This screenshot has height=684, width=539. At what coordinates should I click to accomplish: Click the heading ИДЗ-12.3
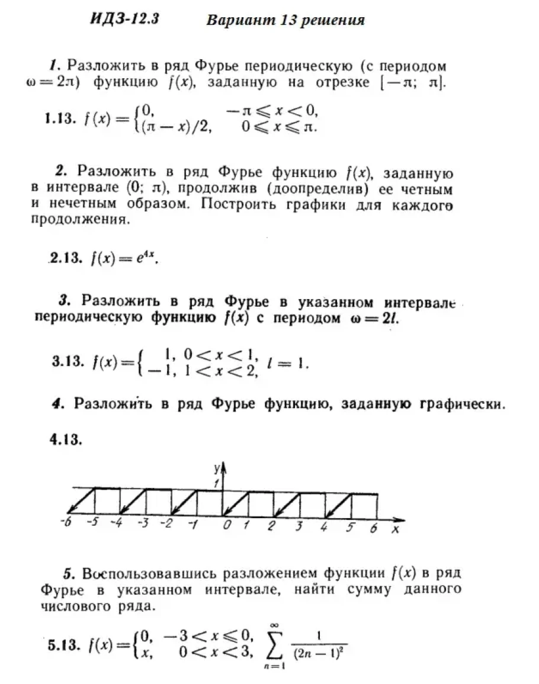click(x=124, y=19)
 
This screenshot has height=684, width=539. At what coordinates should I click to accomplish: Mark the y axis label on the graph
click(x=217, y=468)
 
